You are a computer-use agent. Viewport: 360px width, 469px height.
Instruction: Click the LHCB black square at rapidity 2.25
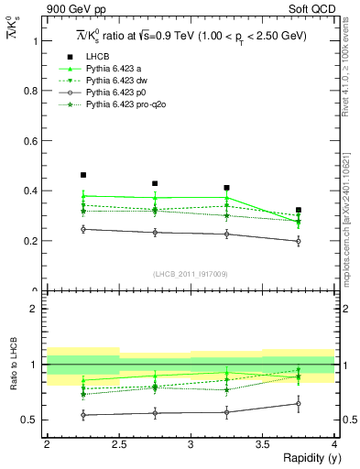[83, 175]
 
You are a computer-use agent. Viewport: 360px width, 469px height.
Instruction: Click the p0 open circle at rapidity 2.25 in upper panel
[83, 229]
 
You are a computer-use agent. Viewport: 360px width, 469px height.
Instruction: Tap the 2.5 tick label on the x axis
[118, 445]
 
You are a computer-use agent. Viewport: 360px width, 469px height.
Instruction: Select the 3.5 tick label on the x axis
[262, 445]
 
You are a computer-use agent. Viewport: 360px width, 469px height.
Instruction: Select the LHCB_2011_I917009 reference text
[191, 274]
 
